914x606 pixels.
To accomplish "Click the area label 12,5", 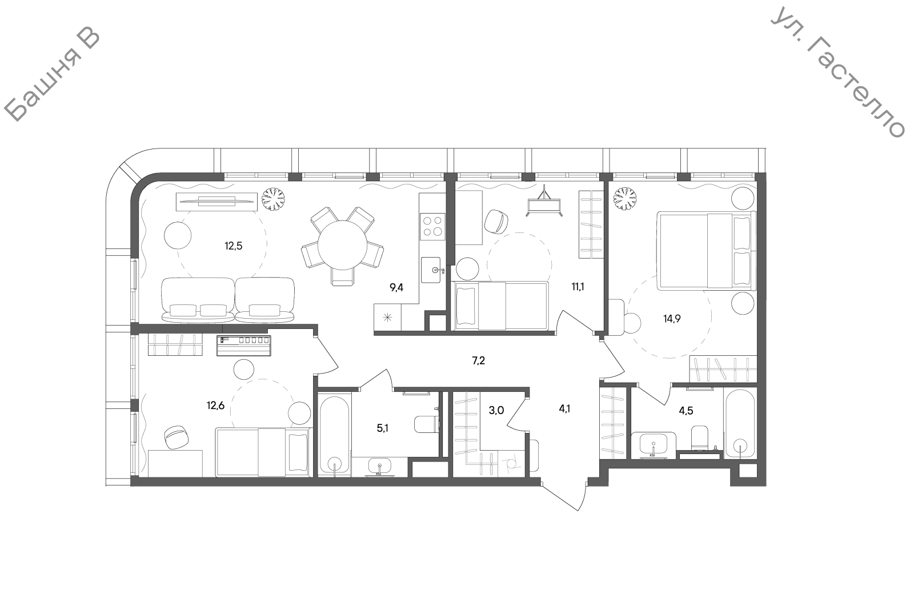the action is pyautogui.click(x=234, y=246).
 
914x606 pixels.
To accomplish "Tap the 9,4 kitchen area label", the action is pyautogui.click(x=396, y=288).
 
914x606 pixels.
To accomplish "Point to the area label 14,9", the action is pyautogui.click(x=672, y=319).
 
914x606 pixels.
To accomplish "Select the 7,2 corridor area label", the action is pyautogui.click(x=479, y=360).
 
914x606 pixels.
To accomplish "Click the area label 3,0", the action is pyautogui.click(x=496, y=410).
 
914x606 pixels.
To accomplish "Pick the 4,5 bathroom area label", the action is pyautogui.click(x=686, y=411).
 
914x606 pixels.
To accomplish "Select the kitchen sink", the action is pyautogui.click(x=432, y=270).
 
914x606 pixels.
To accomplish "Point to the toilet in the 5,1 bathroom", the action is pyautogui.click(x=426, y=424).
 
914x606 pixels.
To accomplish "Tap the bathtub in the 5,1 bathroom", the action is pyautogui.click(x=335, y=434).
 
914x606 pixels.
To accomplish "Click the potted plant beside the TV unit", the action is pyautogui.click(x=273, y=199).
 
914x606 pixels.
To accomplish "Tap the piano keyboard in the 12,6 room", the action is pyautogui.click(x=243, y=346).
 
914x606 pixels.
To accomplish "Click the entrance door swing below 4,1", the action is pyautogui.click(x=565, y=496).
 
